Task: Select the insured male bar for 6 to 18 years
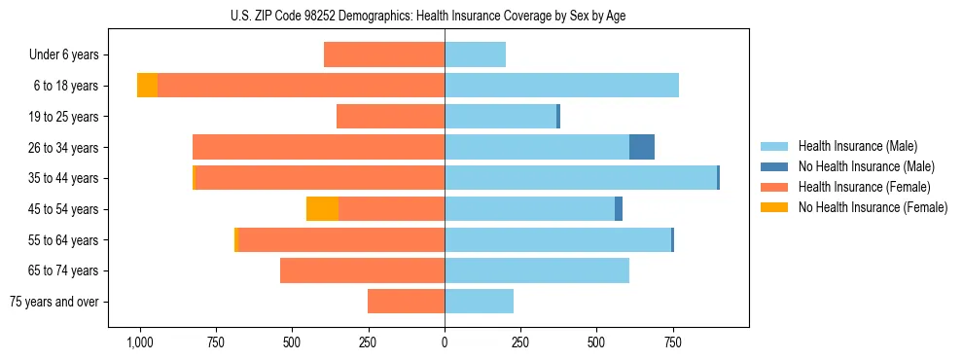[561, 86]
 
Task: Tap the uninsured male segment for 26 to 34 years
[641, 147]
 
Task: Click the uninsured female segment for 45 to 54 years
[322, 209]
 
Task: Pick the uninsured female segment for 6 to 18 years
[147, 86]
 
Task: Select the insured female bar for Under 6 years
[384, 54]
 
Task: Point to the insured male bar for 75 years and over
[479, 302]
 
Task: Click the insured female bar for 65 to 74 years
[362, 270]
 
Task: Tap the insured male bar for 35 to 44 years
[581, 178]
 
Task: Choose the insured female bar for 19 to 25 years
[390, 117]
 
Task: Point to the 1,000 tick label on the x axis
[140, 342]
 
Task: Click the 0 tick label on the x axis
[445, 342]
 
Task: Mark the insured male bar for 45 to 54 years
[529, 209]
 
